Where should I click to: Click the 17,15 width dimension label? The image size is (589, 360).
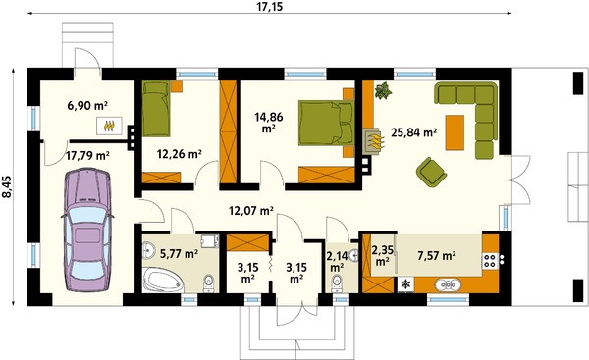coord(270,7)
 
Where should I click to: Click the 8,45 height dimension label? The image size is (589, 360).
coord(7,186)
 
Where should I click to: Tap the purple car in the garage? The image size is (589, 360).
coord(87,231)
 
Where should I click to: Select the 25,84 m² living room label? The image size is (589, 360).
coord(413,132)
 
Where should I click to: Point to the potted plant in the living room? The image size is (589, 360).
coord(383,90)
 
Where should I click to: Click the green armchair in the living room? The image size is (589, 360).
coord(431,172)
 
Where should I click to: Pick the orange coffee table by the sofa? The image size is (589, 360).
coord(455,132)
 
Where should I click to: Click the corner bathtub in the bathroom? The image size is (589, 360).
coord(163,280)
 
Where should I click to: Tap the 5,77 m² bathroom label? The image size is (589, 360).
coord(180,254)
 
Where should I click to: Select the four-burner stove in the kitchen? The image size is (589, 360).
coord(490,261)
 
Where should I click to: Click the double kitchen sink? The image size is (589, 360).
coord(449,284)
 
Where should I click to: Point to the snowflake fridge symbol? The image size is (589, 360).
coord(405,284)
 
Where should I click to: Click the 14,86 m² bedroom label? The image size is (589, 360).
coord(269,123)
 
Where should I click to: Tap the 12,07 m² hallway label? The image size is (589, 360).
coord(251,211)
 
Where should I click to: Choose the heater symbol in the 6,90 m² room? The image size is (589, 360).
coord(109,126)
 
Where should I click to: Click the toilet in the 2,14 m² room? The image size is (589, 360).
coord(337,283)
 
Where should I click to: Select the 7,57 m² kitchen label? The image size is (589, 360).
coord(437,256)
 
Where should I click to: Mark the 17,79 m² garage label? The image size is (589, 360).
coord(87,155)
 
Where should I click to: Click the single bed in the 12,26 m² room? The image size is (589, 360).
coord(156,109)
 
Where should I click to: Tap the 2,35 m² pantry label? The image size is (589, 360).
coord(383,255)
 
